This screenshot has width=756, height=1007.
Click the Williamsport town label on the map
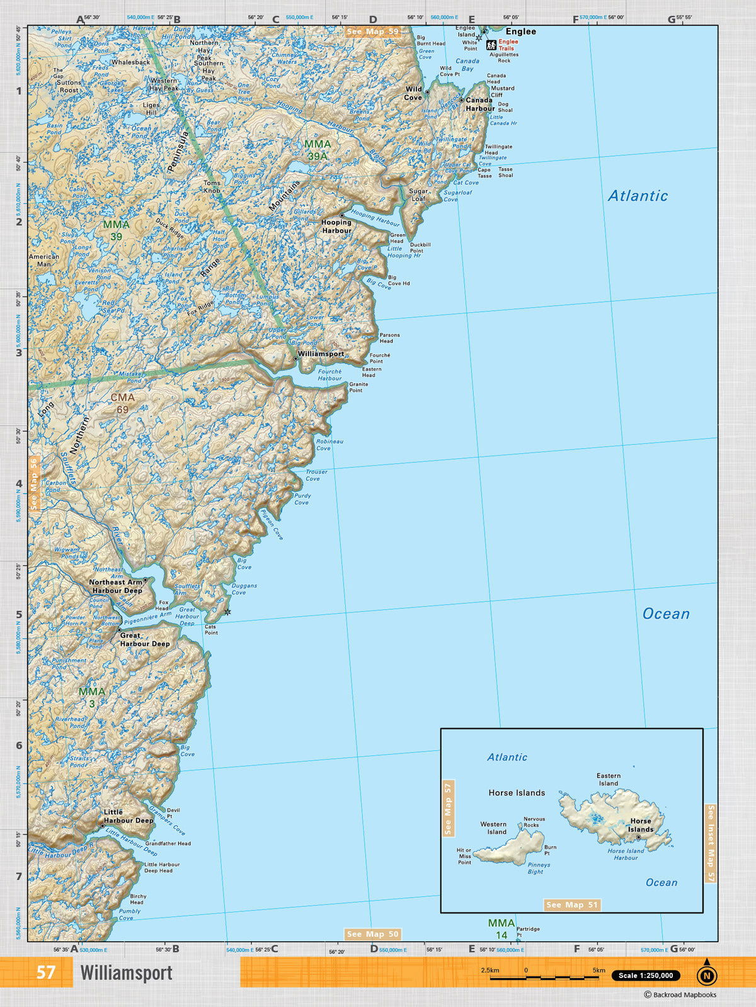coord(321,354)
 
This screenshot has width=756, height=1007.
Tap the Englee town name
coord(520,31)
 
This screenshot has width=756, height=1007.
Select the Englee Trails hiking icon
coord(491,45)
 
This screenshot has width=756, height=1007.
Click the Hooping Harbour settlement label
coord(336,227)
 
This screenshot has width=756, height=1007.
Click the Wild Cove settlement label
coord(413,94)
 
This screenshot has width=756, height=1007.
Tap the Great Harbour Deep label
coord(145,639)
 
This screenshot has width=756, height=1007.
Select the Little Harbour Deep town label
coord(129,816)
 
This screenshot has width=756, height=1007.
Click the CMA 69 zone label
coord(122,403)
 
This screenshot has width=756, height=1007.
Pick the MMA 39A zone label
coord(317,150)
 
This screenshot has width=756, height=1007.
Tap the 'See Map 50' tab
coord(372,934)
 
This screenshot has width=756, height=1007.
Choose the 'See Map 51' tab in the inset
coord(572,905)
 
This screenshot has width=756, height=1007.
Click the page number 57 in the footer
coord(45,972)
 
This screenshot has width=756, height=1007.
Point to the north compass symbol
coord(706,974)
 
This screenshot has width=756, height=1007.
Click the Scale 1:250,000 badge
coord(645,976)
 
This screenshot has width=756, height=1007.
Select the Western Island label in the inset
coord(493,828)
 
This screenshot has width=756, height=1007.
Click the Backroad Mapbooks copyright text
coord(680,995)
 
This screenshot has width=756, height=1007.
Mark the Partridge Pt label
coord(528,931)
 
